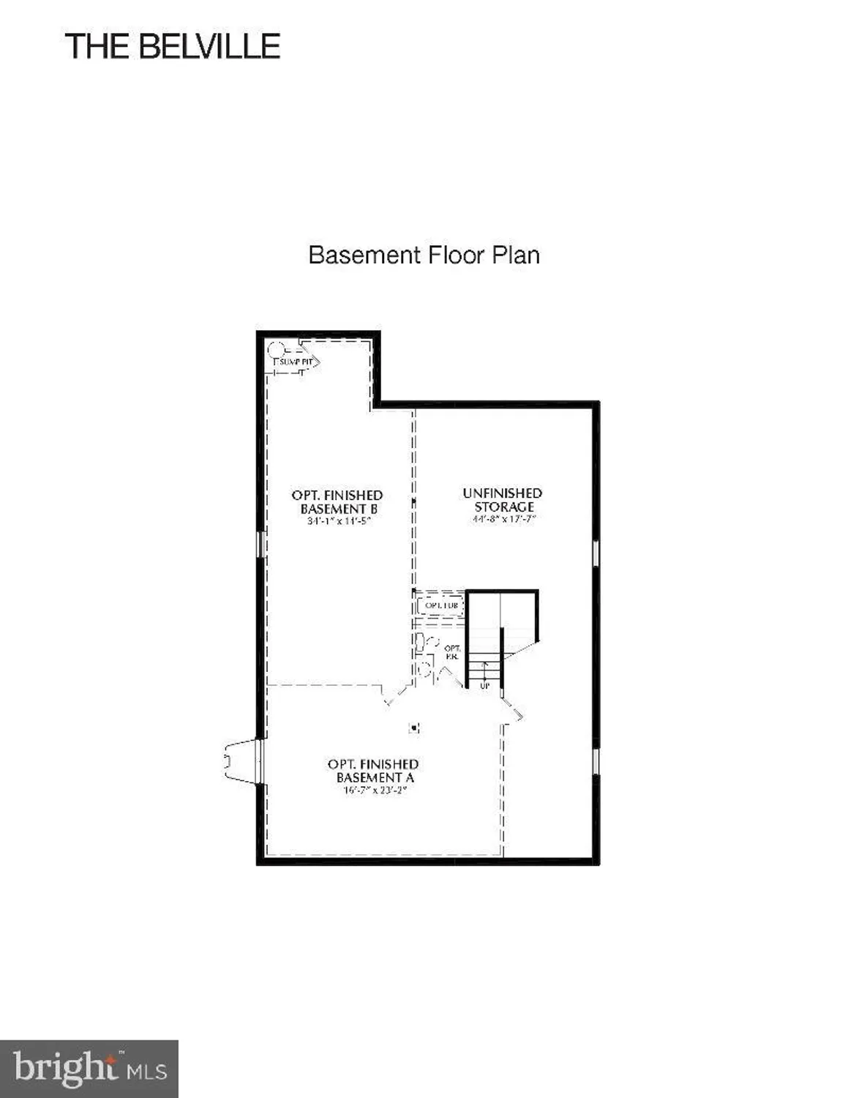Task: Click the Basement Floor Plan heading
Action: (424, 255)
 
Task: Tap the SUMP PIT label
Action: (296, 362)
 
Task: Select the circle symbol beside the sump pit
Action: (275, 349)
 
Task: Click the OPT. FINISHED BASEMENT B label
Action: (337, 501)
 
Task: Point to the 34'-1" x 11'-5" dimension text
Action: (339, 522)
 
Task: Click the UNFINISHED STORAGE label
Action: (503, 499)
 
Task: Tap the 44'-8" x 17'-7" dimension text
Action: (504, 519)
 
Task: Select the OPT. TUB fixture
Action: (441, 606)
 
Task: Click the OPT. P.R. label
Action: (452, 652)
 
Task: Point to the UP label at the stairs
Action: (484, 686)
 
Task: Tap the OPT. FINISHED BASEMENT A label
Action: (374, 770)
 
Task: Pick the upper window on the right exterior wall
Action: (596, 553)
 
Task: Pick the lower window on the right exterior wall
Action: (596, 761)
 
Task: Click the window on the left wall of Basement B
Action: (260, 544)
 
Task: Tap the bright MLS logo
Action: (89, 1069)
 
